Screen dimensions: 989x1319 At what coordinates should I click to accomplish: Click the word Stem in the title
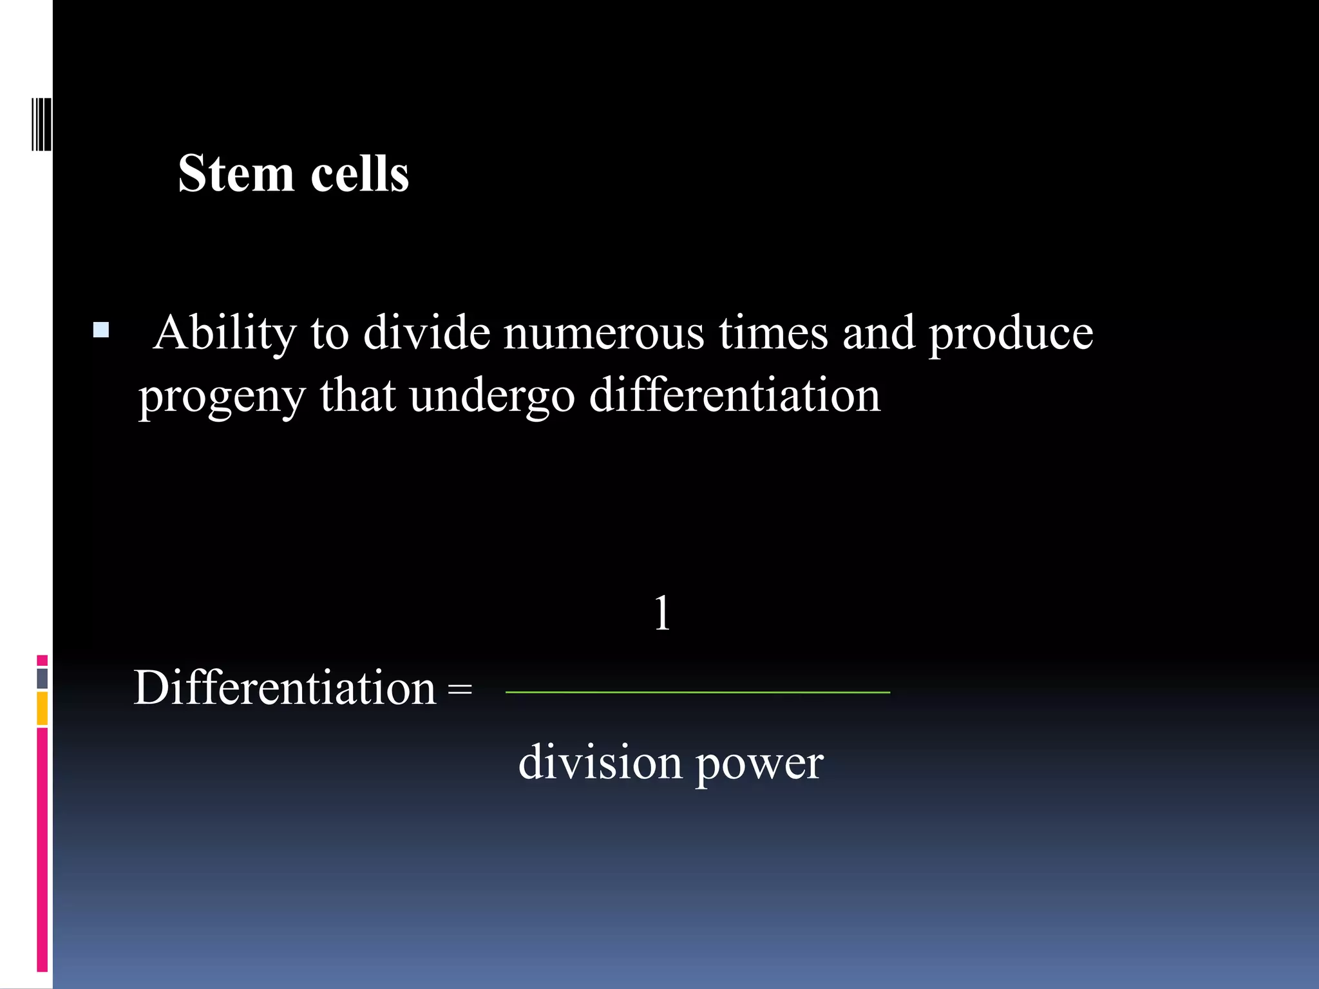pyautogui.click(x=236, y=174)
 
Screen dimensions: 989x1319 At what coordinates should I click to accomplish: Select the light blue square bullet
pyautogui.click(x=101, y=330)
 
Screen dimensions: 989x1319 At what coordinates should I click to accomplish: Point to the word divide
pyautogui.click(x=426, y=334)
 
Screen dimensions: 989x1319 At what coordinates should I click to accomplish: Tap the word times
pyautogui.click(x=773, y=334)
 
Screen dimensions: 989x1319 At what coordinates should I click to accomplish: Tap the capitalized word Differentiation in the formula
pyautogui.click(x=285, y=688)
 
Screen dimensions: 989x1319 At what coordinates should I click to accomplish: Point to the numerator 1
pyautogui.click(x=662, y=614)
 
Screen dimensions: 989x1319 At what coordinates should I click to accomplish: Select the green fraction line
pyautogui.click(x=697, y=692)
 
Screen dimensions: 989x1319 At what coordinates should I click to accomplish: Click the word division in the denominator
pyautogui.click(x=600, y=762)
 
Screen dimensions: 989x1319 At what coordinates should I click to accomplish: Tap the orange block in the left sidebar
pyautogui.click(x=43, y=708)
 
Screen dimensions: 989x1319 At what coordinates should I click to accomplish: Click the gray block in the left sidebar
pyautogui.click(x=43, y=679)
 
